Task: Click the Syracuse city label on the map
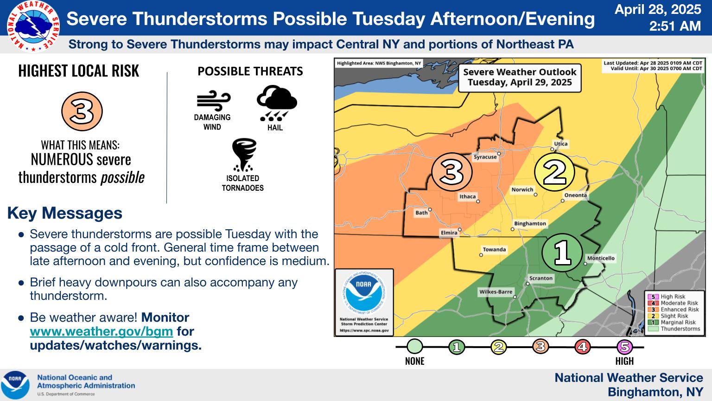485,157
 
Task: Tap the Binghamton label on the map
530,223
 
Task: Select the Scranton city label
541,278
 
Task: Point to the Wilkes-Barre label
496,292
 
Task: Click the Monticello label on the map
601,258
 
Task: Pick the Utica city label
561,143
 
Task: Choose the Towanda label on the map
494,249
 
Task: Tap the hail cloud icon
276,103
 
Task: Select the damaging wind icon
213,100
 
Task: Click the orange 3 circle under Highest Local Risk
82,111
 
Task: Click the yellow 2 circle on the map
554,172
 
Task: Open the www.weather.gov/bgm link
101,331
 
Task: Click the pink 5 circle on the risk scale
624,347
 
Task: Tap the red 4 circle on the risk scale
582,347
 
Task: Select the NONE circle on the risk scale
415,347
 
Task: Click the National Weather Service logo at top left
33,26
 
